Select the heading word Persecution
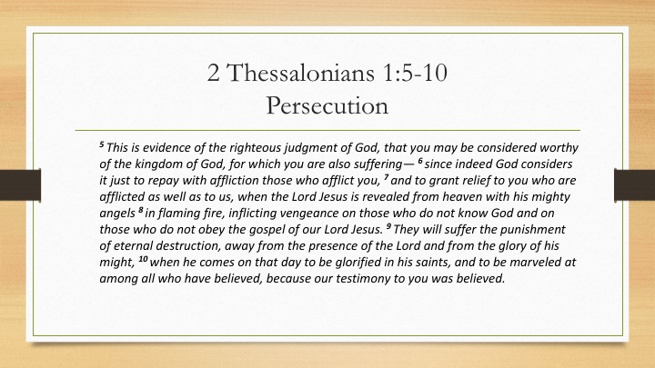click(x=327, y=105)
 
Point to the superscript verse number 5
click(x=102, y=144)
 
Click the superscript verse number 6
click(x=420, y=161)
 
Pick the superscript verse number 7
click(x=386, y=177)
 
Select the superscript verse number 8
click(x=140, y=210)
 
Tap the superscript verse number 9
click(x=388, y=226)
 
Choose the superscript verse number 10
click(x=143, y=259)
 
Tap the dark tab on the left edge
click(x=20, y=184)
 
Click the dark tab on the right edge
click(x=635, y=184)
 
